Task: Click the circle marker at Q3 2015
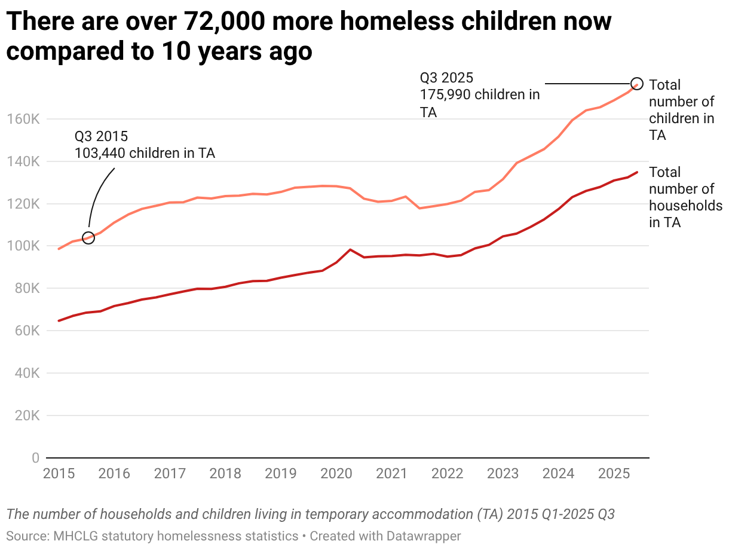click(x=88, y=238)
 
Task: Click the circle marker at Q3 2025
click(x=637, y=83)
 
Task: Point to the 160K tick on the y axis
click(x=23, y=120)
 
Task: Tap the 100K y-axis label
click(x=23, y=246)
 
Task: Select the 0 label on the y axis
click(x=35, y=458)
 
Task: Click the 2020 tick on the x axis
click(x=336, y=474)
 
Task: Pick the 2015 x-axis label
click(x=59, y=474)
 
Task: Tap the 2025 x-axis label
click(x=613, y=474)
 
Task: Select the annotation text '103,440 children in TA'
click(x=145, y=153)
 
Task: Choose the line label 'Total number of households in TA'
click(x=685, y=197)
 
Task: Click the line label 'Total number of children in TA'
click(x=681, y=110)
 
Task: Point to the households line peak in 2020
click(x=350, y=249)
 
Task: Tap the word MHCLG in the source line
click(x=71, y=536)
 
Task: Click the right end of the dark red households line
click(x=637, y=172)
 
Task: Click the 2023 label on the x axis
click(x=503, y=474)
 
